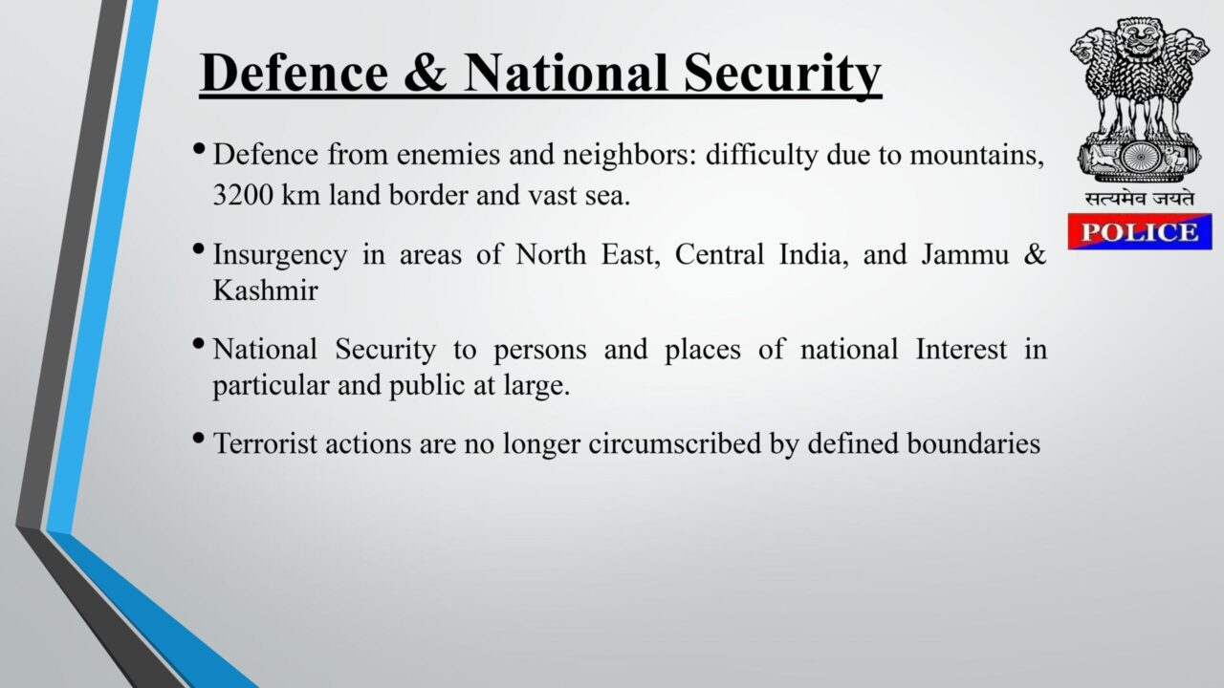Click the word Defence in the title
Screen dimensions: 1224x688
(x=294, y=73)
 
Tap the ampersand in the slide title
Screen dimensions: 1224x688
(x=426, y=73)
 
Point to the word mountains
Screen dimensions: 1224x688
(x=976, y=155)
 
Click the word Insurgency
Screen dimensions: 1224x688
(x=280, y=255)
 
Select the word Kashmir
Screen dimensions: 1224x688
(x=265, y=290)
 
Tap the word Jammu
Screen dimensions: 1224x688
(x=965, y=254)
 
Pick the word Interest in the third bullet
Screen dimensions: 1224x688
(x=961, y=350)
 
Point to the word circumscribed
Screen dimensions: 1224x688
(x=675, y=442)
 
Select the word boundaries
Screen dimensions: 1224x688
(x=973, y=442)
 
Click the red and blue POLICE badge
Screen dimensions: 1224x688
(x=1140, y=232)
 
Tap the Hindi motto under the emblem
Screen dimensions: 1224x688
(x=1140, y=200)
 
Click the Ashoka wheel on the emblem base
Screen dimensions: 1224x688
(x=1141, y=158)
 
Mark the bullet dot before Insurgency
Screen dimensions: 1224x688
(x=200, y=249)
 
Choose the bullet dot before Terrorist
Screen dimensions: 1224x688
(x=200, y=438)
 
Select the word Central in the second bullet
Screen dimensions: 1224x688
(x=719, y=254)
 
